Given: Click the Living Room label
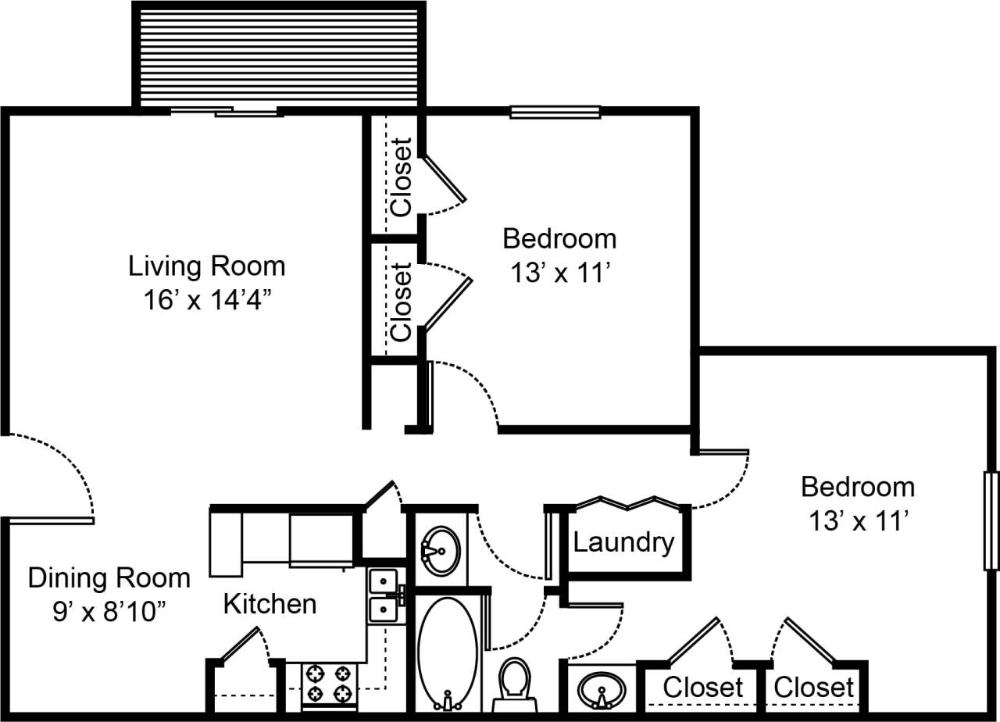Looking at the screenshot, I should click(206, 266).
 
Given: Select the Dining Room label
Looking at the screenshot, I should click(109, 578).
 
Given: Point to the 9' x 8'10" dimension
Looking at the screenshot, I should click(109, 612).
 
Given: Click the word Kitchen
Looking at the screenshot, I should click(270, 603).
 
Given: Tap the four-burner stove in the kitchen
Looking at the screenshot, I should click(328, 684).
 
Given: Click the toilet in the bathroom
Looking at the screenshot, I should click(514, 678).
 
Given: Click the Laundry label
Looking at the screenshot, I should click(623, 541).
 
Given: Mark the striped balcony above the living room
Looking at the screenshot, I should click(279, 55).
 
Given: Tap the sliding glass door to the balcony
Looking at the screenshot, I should click(224, 112).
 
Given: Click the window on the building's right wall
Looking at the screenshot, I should click(991, 520).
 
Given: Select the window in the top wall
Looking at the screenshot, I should click(555, 112).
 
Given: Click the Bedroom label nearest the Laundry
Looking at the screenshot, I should click(857, 487).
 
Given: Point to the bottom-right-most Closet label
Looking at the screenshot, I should click(814, 688).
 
